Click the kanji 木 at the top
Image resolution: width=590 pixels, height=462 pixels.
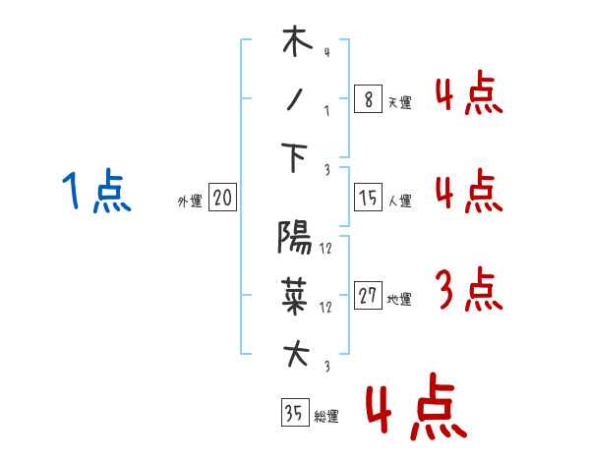[297, 41]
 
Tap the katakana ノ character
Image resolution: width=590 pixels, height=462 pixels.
[295, 100]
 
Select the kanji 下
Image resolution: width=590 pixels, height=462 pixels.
[294, 157]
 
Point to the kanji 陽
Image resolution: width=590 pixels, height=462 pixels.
[295, 237]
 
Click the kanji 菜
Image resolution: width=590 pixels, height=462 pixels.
[295, 296]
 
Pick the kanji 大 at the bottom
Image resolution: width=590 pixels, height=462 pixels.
[296, 353]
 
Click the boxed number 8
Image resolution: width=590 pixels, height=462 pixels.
[368, 99]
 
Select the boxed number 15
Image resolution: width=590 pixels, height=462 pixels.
[368, 198]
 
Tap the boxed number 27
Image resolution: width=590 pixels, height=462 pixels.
[368, 295]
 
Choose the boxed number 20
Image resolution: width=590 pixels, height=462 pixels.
[222, 198]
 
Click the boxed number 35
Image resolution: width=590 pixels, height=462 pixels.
[295, 412]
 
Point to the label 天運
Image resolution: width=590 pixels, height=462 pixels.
[399, 102]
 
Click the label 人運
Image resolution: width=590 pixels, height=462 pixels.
[400, 201]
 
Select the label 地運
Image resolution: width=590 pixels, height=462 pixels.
[399, 299]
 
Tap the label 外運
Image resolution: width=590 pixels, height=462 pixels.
[190, 202]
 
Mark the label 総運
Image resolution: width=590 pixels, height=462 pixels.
[326, 417]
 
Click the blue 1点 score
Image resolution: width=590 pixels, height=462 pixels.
[96, 190]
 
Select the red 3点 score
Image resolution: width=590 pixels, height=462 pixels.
[469, 289]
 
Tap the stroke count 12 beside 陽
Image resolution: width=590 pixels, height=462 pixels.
[325, 249]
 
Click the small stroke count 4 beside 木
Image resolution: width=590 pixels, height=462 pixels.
[327, 52]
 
